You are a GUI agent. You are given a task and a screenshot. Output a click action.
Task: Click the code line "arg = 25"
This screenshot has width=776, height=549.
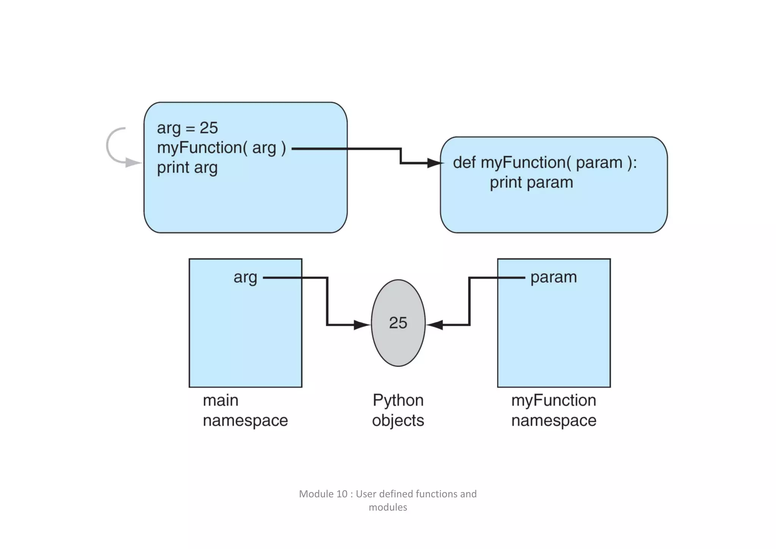pos(187,128)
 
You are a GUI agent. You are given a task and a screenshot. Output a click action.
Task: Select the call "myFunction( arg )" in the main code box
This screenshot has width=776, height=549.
pos(221,148)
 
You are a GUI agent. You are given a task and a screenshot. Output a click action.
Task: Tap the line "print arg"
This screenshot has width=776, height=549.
pos(187,168)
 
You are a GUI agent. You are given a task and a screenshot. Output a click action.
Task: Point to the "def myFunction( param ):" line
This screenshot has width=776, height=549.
pos(545,163)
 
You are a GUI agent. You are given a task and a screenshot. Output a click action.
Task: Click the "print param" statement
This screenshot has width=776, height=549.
pos(531,183)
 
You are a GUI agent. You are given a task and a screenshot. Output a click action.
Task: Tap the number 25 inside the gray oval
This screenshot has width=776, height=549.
pos(398,323)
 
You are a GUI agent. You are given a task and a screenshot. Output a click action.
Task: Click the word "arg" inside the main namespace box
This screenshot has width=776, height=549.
pos(245,277)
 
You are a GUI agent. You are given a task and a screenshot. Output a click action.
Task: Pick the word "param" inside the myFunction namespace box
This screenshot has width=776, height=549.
pos(554,277)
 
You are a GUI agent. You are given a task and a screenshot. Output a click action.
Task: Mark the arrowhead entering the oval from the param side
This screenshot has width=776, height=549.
pos(435,325)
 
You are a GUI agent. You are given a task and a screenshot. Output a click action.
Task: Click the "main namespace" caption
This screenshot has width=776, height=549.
pos(245,410)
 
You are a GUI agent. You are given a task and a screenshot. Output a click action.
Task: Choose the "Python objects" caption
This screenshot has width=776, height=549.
pos(398,410)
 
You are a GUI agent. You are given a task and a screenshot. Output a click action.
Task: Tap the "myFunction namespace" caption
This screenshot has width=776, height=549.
pos(554,410)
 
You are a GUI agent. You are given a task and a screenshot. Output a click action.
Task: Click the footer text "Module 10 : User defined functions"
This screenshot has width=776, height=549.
pos(388,494)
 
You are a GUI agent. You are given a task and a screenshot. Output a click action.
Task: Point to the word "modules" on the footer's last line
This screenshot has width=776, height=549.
pos(388,507)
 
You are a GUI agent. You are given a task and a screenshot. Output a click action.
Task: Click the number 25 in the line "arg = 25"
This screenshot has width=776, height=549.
pos(209,128)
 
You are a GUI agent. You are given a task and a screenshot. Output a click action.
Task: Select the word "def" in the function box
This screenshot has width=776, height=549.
pos(464,163)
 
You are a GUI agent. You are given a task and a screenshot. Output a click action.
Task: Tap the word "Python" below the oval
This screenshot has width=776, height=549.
pos(398,400)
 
